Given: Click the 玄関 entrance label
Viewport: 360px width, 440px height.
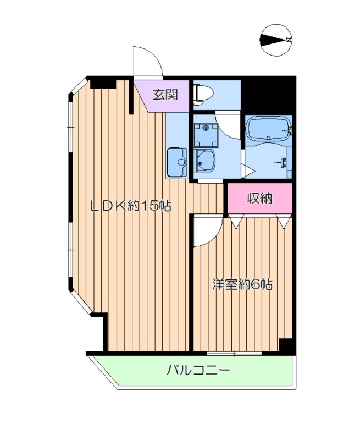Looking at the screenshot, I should [164, 95].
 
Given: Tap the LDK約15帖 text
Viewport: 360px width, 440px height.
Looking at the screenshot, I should [131, 206].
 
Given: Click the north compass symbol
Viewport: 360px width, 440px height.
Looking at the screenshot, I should [275, 40].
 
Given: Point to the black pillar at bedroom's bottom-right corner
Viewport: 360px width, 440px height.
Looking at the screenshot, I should [286, 345].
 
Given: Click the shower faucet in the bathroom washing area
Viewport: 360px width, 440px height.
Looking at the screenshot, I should [284, 162].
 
